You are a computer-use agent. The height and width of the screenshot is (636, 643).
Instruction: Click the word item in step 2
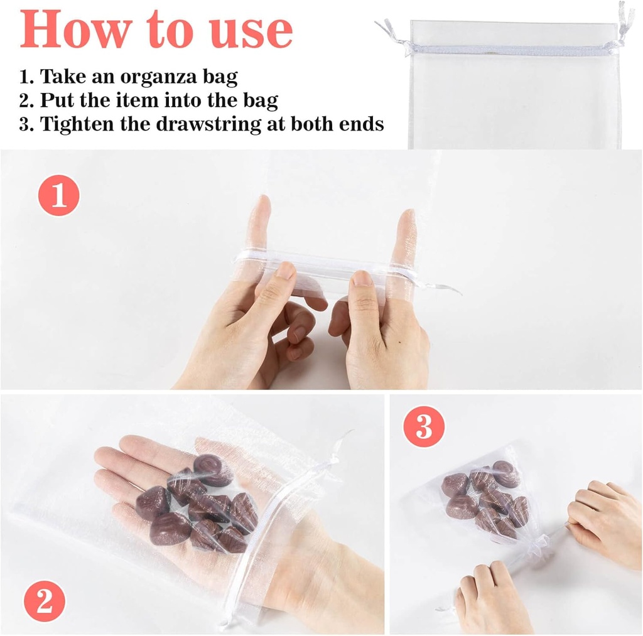tap(138, 100)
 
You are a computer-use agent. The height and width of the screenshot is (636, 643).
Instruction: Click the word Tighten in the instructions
tap(77, 124)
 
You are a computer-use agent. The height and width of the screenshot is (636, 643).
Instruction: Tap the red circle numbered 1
tap(58, 195)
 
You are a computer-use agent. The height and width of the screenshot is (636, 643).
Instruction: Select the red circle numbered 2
tap(45, 601)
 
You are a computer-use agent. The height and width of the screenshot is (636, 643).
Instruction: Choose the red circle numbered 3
tap(424, 426)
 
